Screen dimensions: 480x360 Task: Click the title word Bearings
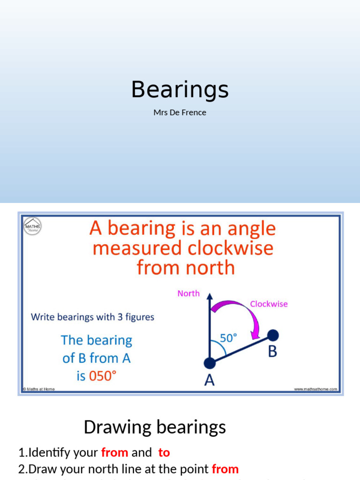[180, 89]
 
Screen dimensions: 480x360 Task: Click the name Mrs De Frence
[180, 112]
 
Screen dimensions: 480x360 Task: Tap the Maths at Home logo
[32, 226]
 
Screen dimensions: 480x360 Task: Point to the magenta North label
[188, 293]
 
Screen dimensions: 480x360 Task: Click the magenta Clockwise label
[269, 304]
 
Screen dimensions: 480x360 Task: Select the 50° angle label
[228, 337]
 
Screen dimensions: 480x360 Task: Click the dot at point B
[273, 335]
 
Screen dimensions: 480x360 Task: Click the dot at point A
[210, 363]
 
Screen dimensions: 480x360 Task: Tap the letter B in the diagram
[272, 352]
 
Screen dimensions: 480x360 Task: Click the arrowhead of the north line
[210, 297]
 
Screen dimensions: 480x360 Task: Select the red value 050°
[102, 376]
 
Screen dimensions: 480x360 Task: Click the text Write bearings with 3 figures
[92, 317]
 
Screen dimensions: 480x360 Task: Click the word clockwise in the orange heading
[226, 248]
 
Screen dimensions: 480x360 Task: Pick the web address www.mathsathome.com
[315, 389]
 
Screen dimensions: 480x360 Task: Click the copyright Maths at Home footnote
[39, 389]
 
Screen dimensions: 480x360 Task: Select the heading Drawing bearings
[155, 427]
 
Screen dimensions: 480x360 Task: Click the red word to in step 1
[164, 452]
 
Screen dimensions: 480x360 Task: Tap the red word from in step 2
[225, 469]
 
